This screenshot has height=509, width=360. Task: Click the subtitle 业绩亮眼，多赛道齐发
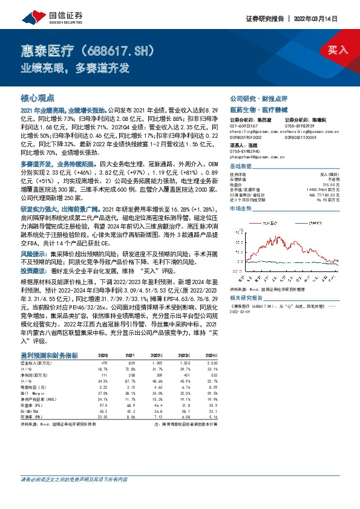76,68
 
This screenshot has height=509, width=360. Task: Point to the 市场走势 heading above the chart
240,208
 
